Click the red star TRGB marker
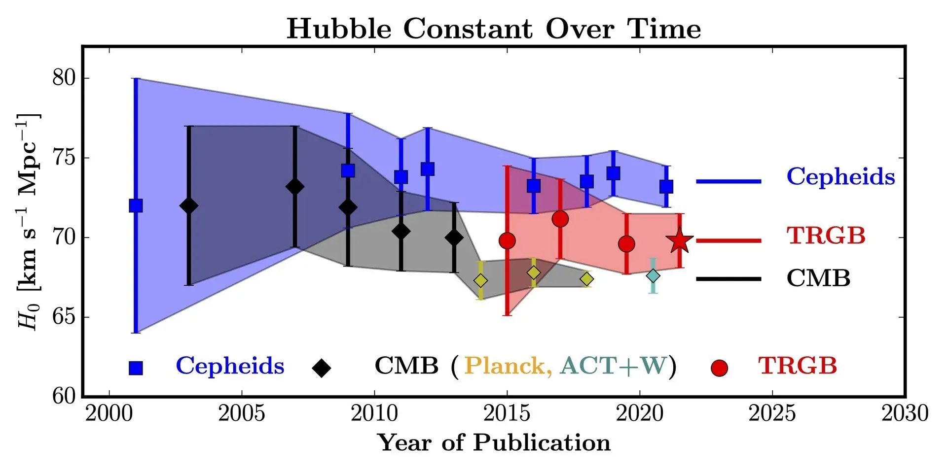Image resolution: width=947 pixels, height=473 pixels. pyautogui.click(x=680, y=241)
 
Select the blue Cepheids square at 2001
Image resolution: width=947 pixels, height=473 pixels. pyautogui.click(x=136, y=205)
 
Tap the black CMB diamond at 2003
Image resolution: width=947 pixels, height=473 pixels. pyautogui.click(x=188, y=205)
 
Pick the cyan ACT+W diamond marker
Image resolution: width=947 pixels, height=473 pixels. pyautogui.click(x=653, y=276)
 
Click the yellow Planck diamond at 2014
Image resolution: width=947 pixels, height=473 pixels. pyautogui.click(x=480, y=280)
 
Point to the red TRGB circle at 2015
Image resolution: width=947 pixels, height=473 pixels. pyautogui.click(x=507, y=241)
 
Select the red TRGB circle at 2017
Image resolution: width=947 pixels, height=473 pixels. pyautogui.click(x=560, y=218)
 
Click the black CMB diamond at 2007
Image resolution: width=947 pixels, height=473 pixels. pyautogui.click(x=294, y=187)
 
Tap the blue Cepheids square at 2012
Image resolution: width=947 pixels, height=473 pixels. pyautogui.click(x=428, y=169)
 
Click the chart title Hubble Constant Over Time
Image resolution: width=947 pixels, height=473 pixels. pyautogui.click(x=494, y=29)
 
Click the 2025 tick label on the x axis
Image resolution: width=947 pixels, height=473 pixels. pyautogui.click(x=772, y=413)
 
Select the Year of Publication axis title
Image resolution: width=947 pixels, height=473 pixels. pyautogui.click(x=494, y=442)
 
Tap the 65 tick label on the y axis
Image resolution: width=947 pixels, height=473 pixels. pyautogui.click(x=64, y=317)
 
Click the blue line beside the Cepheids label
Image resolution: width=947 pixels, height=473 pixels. pyautogui.click(x=728, y=181)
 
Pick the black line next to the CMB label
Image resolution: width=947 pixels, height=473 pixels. pyautogui.click(x=728, y=279)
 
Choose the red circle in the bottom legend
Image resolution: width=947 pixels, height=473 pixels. pyautogui.click(x=719, y=368)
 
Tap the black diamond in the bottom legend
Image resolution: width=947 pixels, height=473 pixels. pyautogui.click(x=322, y=368)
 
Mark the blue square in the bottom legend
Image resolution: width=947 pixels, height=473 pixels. pyautogui.click(x=136, y=368)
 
